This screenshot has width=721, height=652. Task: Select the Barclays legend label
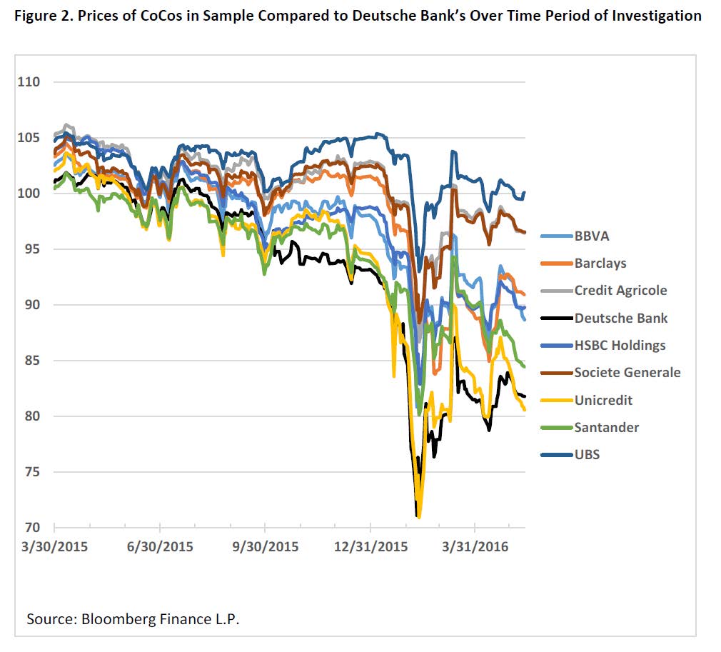click(600, 263)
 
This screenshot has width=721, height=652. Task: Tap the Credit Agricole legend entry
click(620, 290)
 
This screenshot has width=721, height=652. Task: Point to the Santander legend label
click(606, 427)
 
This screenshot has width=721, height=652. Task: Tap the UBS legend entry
click(587, 454)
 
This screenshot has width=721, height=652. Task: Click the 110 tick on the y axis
click(29, 82)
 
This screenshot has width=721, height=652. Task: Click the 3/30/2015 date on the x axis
click(55, 547)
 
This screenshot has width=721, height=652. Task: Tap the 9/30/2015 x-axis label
click(265, 547)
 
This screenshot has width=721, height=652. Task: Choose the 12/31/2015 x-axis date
click(369, 547)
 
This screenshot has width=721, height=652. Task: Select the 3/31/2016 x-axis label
click(475, 547)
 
